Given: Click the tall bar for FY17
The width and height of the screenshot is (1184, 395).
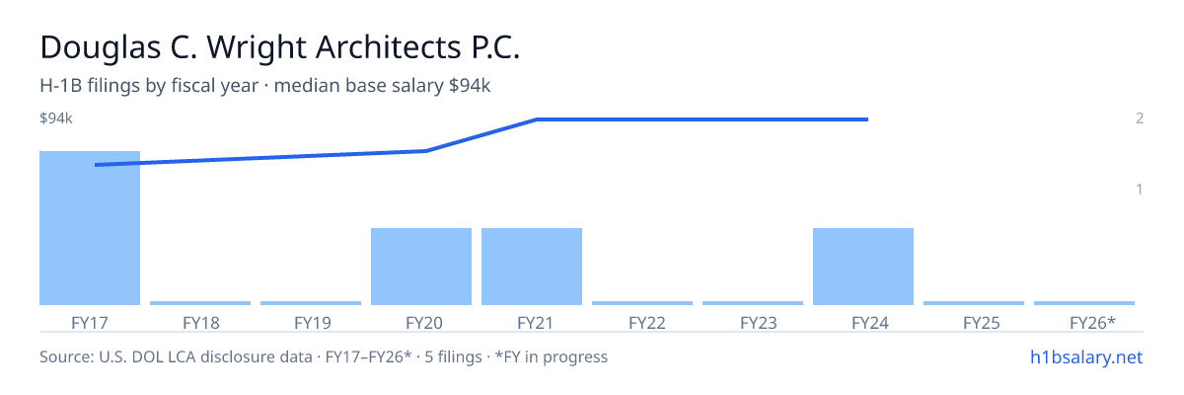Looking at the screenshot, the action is [x=90, y=228].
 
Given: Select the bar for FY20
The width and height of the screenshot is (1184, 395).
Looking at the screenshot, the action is [x=421, y=267].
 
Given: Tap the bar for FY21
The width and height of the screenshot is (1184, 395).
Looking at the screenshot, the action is [x=532, y=267].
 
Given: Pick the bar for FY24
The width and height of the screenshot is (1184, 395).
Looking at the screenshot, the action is [x=863, y=267].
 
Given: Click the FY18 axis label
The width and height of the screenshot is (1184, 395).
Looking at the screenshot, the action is [x=201, y=323].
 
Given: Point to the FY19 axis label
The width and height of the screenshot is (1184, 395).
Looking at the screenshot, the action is [x=313, y=323].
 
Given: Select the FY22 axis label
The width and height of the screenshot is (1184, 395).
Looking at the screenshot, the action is [x=647, y=323].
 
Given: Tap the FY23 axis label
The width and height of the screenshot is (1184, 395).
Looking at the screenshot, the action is [x=759, y=323].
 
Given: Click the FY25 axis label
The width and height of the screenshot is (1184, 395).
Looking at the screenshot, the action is [x=982, y=323].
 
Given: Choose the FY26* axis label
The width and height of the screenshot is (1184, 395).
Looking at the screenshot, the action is [x=1092, y=323].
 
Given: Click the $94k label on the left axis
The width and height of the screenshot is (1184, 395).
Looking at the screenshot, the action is [x=56, y=118].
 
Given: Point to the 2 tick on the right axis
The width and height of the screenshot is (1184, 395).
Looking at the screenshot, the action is [x=1140, y=118].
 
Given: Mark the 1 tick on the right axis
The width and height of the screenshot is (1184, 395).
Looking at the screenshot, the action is [x=1140, y=190].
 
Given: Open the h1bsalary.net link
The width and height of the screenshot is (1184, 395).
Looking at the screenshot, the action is [x=1086, y=357].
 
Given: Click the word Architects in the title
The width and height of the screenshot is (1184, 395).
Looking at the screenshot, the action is [x=389, y=47].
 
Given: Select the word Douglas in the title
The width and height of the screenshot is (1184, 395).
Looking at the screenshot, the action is [x=101, y=48].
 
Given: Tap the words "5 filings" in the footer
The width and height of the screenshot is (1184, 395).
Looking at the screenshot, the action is [x=454, y=357].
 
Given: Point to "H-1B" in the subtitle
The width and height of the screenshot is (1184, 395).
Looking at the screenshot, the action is [x=61, y=86].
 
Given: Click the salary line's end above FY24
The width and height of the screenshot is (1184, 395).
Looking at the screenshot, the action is [x=867, y=119].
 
